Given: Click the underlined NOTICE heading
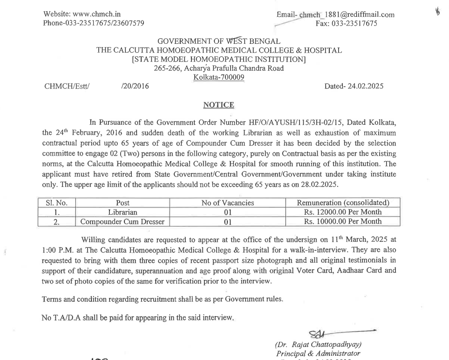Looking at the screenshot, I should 218,105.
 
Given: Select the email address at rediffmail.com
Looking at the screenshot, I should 347,14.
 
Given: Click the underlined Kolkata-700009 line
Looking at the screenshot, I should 218,77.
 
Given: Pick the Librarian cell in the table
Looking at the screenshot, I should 122,212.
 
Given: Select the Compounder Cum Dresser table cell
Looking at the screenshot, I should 122,222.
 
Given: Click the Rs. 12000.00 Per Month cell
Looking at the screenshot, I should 343,212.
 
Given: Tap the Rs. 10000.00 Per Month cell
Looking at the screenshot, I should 343,222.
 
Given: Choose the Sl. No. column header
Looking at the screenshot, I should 56,203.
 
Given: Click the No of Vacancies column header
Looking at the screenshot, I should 227,203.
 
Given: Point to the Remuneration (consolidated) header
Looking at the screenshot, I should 343,203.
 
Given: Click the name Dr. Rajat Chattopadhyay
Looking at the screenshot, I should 319,345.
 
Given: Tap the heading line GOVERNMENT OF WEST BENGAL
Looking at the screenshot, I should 218,41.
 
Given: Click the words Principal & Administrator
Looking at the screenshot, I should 319,353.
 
